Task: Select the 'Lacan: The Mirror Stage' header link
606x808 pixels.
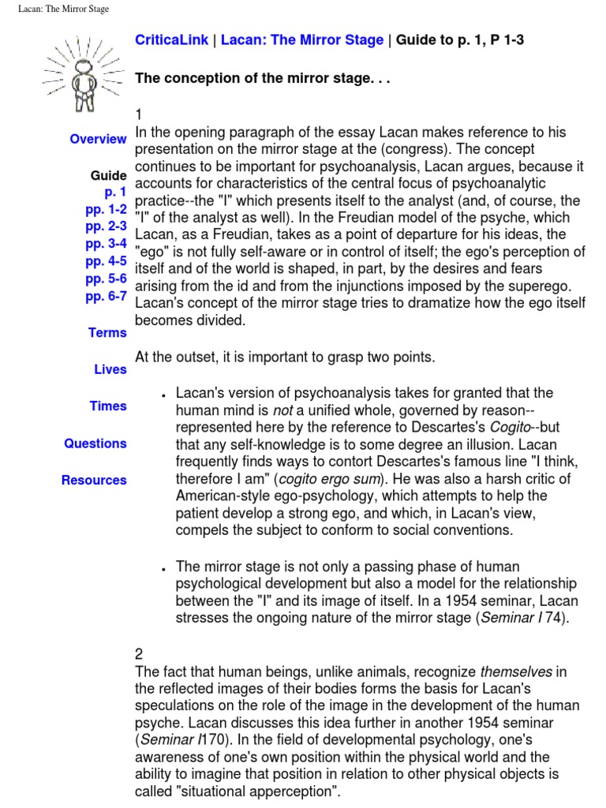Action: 301,40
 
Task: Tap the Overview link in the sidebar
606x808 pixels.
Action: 98,139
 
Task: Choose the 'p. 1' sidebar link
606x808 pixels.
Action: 115,192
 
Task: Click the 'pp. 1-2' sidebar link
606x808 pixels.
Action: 106,209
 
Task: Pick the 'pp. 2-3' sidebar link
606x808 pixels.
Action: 106,226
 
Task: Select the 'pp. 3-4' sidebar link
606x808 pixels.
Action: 106,244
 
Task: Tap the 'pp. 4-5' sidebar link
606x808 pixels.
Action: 106,261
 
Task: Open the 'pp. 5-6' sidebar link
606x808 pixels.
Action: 106,279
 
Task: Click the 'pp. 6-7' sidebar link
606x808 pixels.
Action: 106,297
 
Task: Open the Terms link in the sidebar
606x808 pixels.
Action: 107,333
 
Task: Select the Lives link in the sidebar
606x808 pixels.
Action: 110,369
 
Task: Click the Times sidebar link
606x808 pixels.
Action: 108,406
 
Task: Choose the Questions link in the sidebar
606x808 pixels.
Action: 95,443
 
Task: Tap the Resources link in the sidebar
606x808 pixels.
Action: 94,480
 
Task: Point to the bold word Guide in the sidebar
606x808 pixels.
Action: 109,175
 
